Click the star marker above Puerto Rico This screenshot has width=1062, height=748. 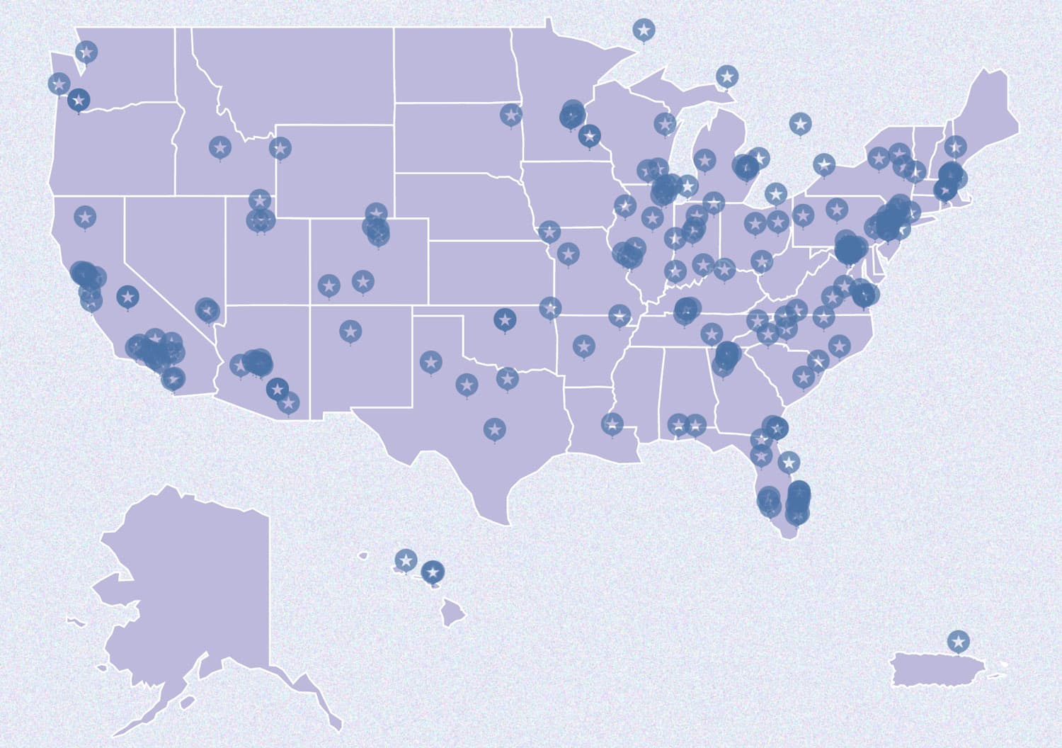point(959,641)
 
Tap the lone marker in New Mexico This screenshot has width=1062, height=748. point(350,330)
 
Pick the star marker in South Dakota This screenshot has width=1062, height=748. point(510,114)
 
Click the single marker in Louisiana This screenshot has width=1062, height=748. point(612,424)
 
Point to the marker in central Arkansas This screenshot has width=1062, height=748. point(583,346)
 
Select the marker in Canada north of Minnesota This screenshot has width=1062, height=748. point(644,30)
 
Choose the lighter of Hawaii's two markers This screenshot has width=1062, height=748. point(405,560)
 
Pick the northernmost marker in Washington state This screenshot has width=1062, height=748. point(86,51)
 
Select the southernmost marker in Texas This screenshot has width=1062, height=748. point(495,428)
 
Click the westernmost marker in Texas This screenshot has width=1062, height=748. point(430,362)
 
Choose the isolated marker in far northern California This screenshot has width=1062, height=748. point(85,216)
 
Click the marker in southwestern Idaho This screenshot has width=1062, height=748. point(220,147)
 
